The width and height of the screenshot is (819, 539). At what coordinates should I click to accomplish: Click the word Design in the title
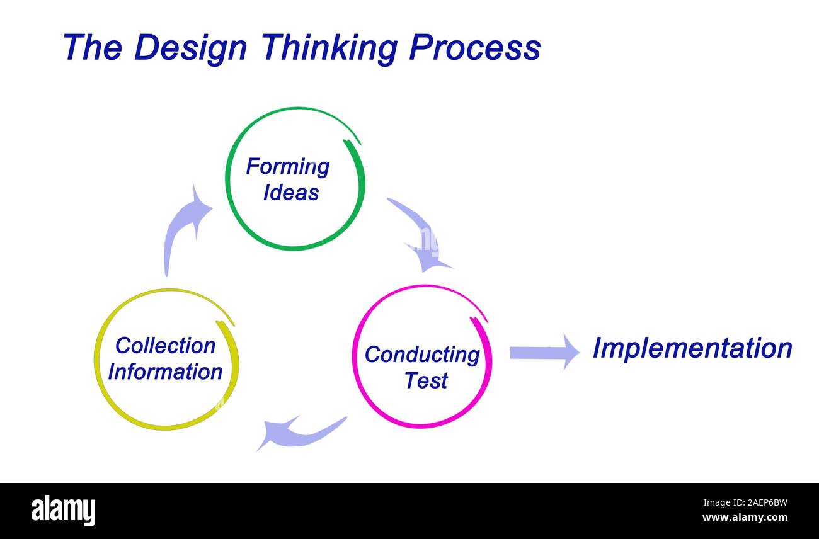pyautogui.click(x=190, y=48)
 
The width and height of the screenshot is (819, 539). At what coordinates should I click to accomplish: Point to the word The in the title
pyautogui.click(x=92, y=48)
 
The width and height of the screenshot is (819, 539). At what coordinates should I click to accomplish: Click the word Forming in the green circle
pyautogui.click(x=287, y=167)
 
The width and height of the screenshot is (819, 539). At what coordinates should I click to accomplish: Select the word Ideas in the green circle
pyautogui.click(x=290, y=193)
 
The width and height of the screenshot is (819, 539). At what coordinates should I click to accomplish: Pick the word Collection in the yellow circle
pyautogui.click(x=165, y=346)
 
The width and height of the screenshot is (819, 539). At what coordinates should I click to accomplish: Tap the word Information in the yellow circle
pyautogui.click(x=165, y=372)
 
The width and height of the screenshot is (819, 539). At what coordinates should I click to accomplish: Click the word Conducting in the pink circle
pyautogui.click(x=422, y=355)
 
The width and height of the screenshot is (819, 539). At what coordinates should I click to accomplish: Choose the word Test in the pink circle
pyautogui.click(x=426, y=380)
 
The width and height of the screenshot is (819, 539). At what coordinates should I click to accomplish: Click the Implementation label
pyautogui.click(x=692, y=348)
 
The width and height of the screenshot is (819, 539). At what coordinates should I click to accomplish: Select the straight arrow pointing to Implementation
pyautogui.click(x=543, y=352)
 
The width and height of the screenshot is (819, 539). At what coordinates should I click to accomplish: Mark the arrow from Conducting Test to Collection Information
pyautogui.click(x=299, y=433)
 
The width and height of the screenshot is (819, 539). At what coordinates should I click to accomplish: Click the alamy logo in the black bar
pyautogui.click(x=63, y=510)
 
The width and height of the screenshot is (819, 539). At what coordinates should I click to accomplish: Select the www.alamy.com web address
pyautogui.click(x=745, y=518)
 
